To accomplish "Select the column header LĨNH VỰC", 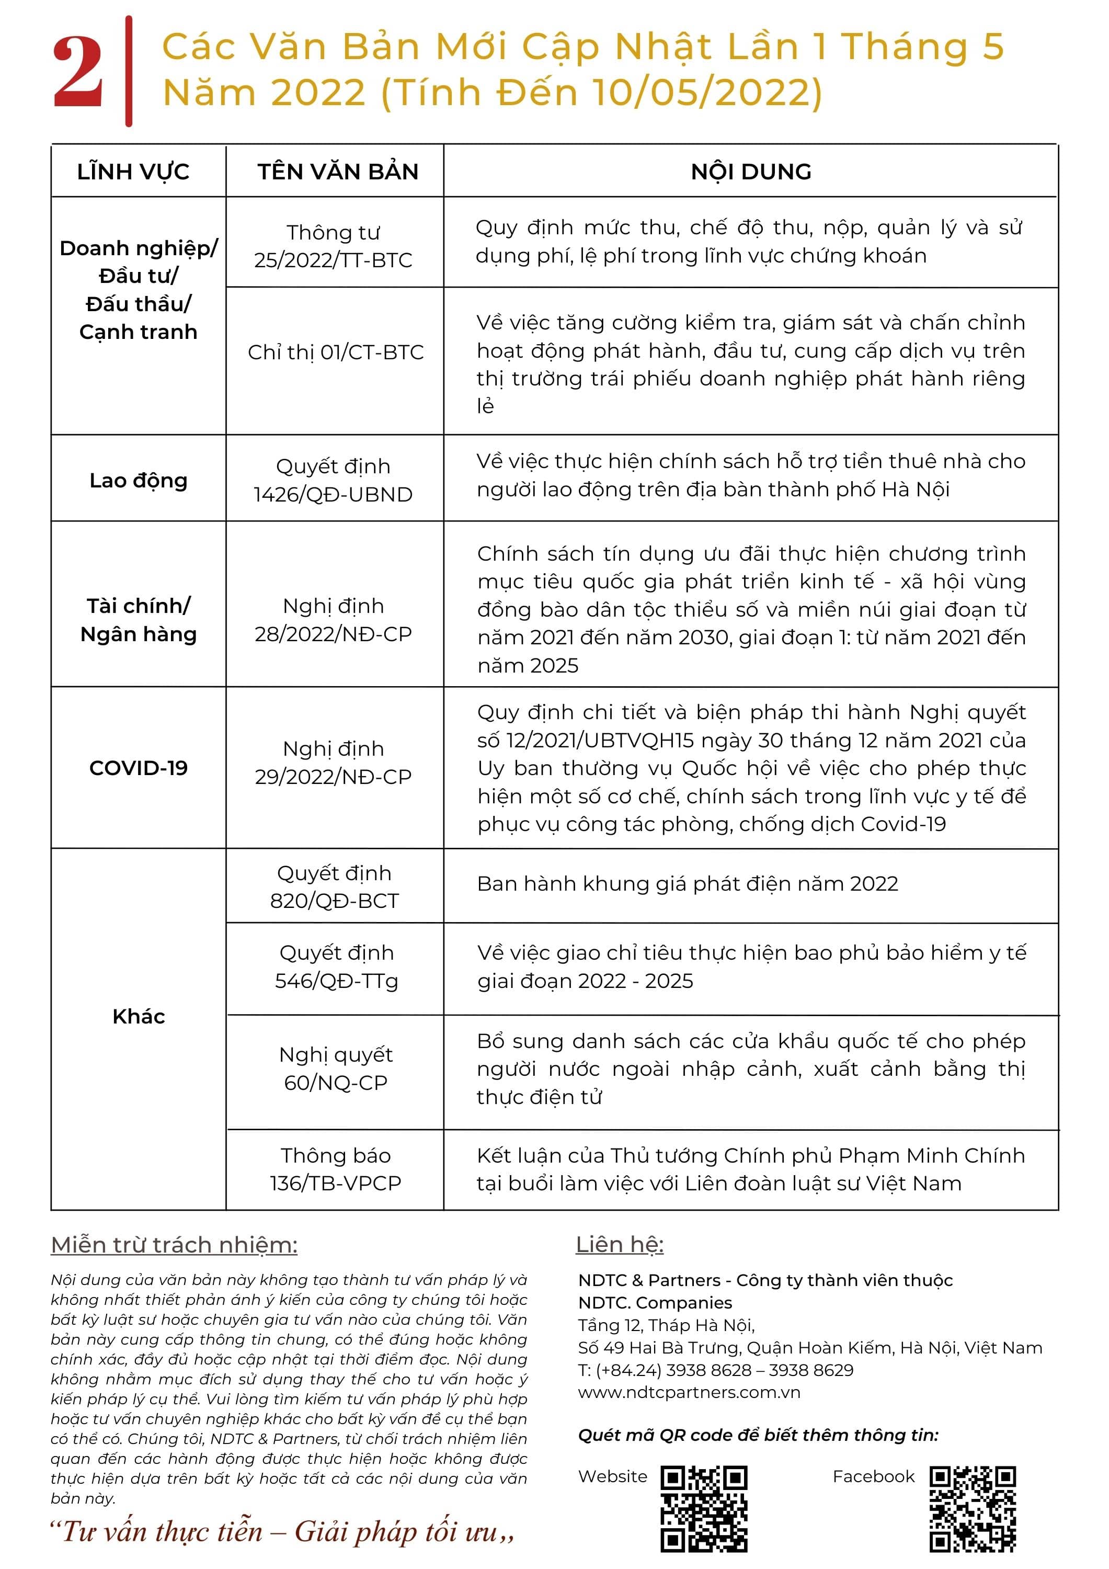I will click(133, 172).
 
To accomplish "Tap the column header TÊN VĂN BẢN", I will click(338, 172).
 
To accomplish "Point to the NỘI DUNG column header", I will click(751, 172).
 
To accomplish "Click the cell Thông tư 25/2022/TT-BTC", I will click(334, 246).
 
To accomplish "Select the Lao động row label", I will click(138, 481).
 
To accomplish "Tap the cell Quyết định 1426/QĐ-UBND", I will click(334, 481).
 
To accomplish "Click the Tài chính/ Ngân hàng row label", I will click(138, 620).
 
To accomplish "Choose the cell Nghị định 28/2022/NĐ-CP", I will click(334, 620).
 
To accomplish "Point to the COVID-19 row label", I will click(138, 768).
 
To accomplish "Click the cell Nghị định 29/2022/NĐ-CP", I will click(334, 763).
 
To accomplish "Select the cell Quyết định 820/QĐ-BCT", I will click(334, 887).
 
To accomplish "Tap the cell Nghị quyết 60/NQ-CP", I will click(336, 1069).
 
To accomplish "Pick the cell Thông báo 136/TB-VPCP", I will click(336, 1169).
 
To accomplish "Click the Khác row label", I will click(138, 1017).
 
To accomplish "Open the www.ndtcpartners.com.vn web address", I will click(689, 1392).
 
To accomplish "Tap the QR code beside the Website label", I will click(704, 1508).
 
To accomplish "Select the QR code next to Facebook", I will click(973, 1508).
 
